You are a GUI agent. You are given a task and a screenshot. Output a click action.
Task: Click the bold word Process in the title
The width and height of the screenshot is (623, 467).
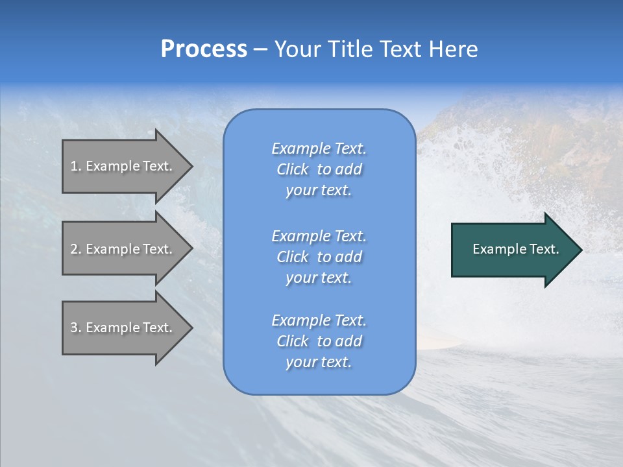click(204, 49)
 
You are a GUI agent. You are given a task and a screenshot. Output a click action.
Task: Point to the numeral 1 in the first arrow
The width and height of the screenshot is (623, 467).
click(73, 166)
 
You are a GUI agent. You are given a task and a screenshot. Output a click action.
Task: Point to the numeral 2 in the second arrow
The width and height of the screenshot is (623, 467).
click(74, 249)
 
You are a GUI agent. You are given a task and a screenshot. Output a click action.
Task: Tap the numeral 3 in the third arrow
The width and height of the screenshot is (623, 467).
click(74, 328)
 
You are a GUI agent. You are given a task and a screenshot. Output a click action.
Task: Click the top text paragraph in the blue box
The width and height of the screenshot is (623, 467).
click(319, 169)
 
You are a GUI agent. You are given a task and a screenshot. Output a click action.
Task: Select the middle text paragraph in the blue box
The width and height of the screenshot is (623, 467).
click(319, 257)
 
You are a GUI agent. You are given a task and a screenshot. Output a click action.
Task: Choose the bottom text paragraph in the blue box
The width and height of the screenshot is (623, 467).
click(319, 341)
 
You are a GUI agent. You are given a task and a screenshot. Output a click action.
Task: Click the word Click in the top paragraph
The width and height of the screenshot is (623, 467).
click(293, 169)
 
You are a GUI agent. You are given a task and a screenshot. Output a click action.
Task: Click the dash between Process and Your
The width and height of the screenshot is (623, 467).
click(260, 50)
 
